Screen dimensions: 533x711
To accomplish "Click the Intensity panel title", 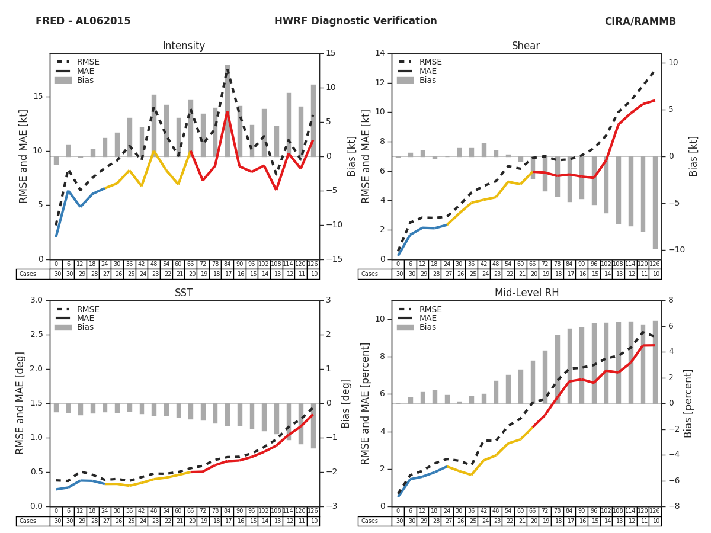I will pyautogui.click(x=184, y=46).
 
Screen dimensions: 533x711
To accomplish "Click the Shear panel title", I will pyautogui.click(x=526, y=46).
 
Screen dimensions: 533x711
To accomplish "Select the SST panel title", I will pyautogui.click(x=184, y=293).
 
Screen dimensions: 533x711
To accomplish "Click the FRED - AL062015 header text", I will pyautogui.click(x=83, y=21).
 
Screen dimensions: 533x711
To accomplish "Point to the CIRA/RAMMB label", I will pyautogui.click(x=640, y=21).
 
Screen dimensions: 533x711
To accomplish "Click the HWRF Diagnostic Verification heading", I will pyautogui.click(x=355, y=21).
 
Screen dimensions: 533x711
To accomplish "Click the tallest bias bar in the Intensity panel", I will pyautogui.click(x=227, y=110).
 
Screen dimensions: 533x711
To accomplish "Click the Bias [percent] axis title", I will pyautogui.click(x=688, y=403).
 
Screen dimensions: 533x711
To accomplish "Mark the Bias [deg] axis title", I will pyautogui.click(x=346, y=403).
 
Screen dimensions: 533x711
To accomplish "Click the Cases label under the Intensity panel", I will pyautogui.click(x=28, y=274).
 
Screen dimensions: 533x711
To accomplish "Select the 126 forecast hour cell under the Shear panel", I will pyautogui.click(x=655, y=264).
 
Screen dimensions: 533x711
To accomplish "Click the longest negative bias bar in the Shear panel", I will pyautogui.click(x=655, y=203).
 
